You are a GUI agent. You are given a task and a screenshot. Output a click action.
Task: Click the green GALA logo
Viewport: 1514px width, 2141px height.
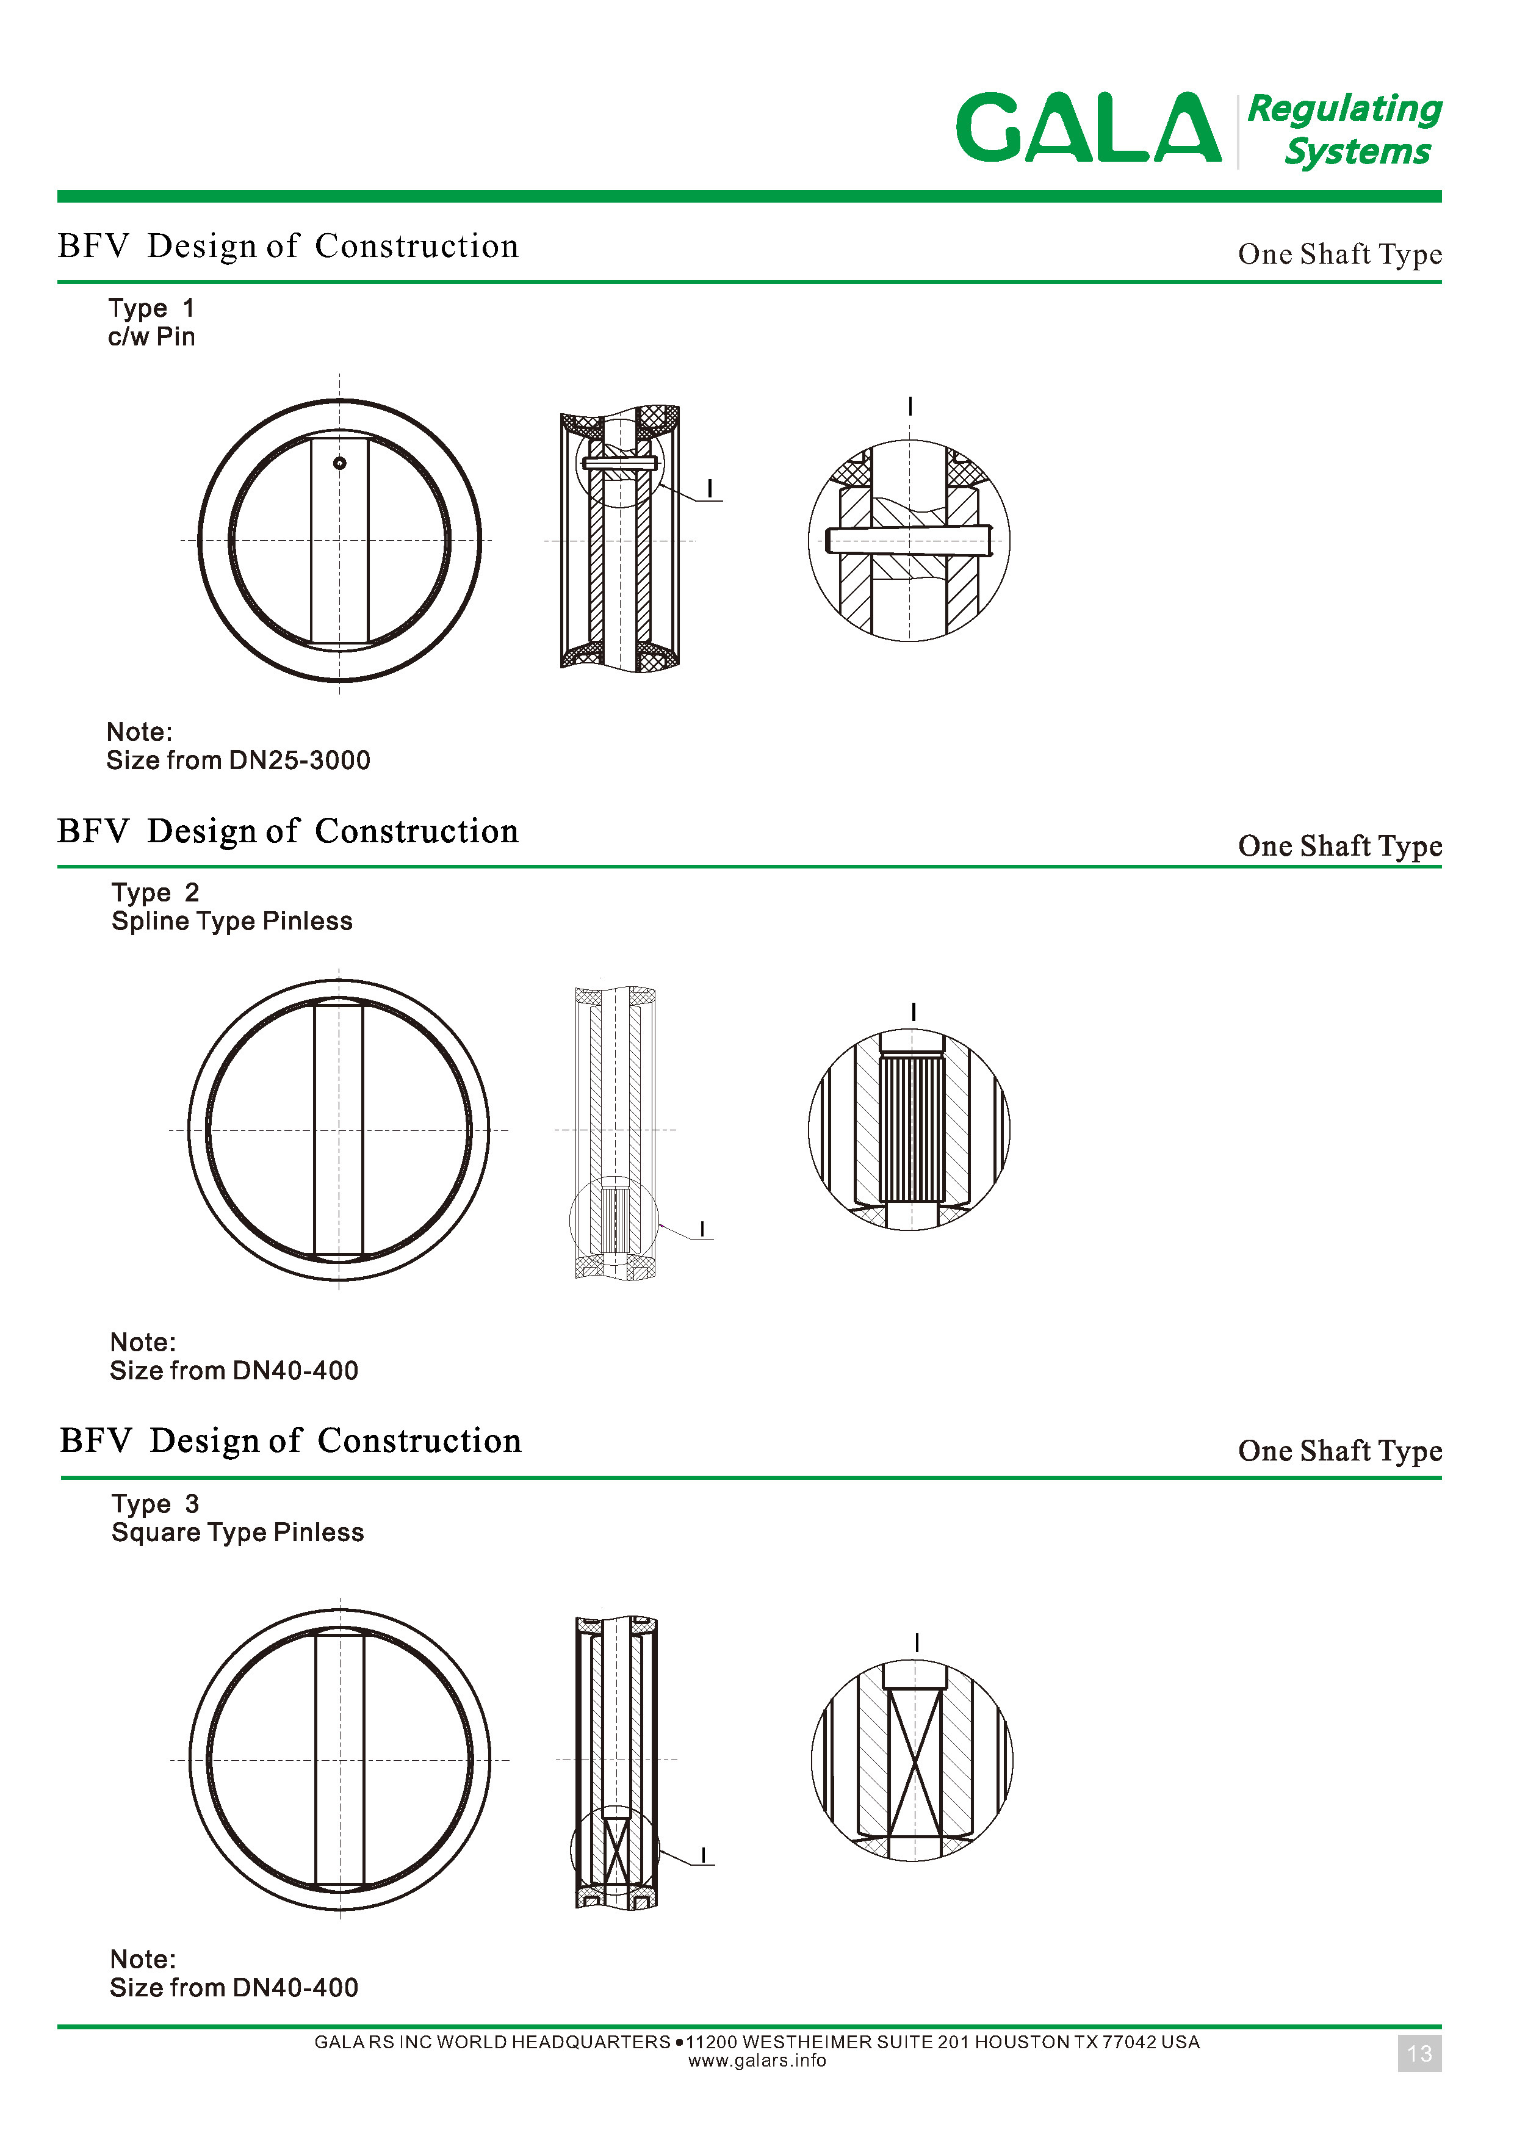point(1088,128)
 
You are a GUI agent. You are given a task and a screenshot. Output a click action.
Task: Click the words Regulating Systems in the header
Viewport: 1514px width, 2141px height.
point(1344,129)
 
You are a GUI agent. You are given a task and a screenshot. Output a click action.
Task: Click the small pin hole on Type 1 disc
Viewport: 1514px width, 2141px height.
point(339,463)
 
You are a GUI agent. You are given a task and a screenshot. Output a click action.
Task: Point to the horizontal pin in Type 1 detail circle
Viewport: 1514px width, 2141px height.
point(909,540)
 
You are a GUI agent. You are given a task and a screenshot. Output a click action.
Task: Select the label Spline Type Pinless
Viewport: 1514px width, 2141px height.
point(232,922)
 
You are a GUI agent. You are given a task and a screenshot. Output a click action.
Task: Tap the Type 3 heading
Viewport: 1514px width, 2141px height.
point(156,1503)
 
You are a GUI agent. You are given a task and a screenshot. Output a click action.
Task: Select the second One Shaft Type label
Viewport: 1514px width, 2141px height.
point(1339,847)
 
